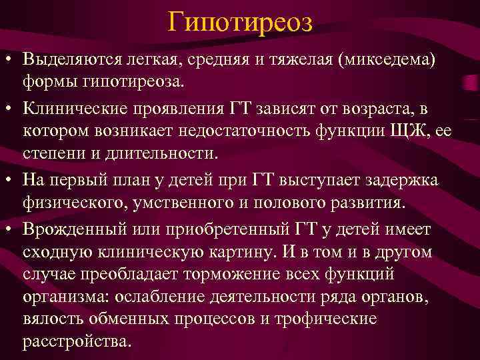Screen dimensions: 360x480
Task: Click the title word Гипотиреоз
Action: pos(240,22)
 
